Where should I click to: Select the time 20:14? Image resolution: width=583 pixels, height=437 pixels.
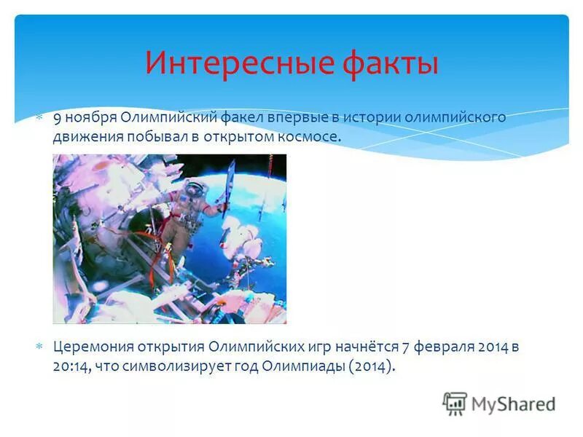[x=69, y=366]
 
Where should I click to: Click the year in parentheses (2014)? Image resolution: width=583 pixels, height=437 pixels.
[x=372, y=366]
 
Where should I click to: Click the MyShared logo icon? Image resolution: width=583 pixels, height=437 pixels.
[x=455, y=403]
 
